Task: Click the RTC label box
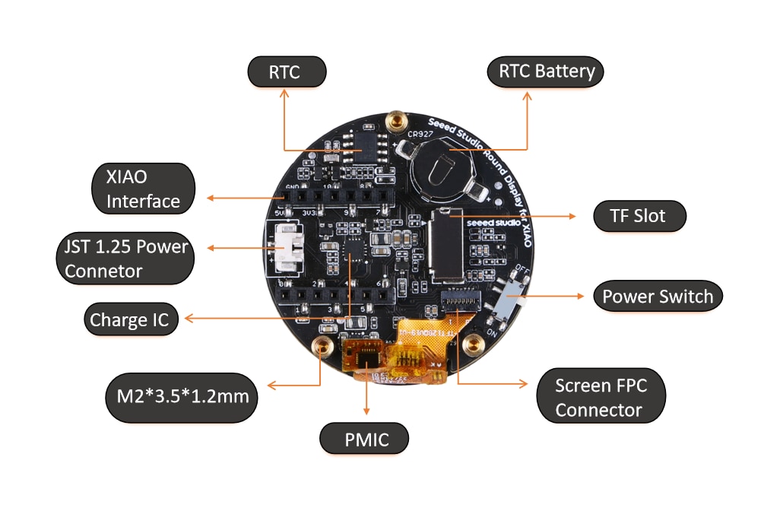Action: point(287,72)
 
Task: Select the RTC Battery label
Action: point(545,72)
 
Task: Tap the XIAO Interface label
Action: point(142,189)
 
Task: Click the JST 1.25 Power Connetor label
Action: point(125,259)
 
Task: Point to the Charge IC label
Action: point(129,319)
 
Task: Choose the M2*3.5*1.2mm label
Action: point(182,397)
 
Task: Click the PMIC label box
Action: point(365,439)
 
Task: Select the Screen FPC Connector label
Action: point(601,397)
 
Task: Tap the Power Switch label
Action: point(657,297)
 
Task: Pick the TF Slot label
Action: point(639,216)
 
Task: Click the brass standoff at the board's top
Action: point(395,120)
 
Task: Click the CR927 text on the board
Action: point(420,135)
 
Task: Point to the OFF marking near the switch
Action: point(522,268)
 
